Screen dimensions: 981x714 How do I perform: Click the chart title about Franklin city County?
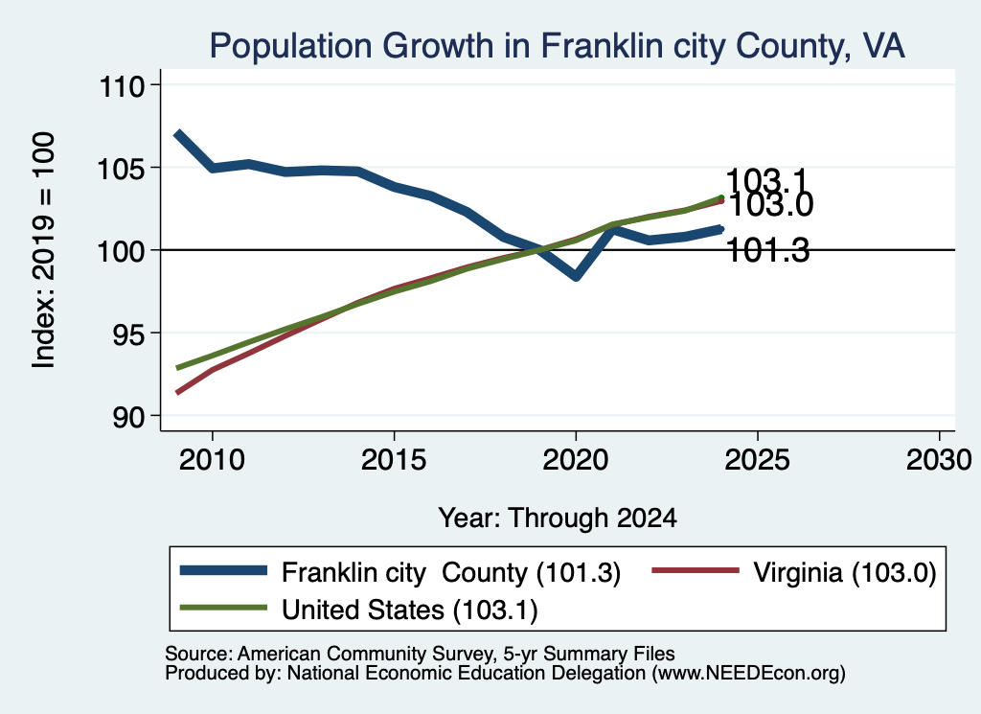[x=557, y=46]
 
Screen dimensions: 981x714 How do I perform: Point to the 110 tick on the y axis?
[x=122, y=86]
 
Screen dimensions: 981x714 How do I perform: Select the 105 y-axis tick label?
[x=122, y=169]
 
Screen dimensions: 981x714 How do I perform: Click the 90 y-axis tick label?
[x=128, y=417]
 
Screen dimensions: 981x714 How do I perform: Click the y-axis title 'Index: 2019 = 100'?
[x=44, y=250]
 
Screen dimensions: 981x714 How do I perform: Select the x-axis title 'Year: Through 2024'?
[x=558, y=518]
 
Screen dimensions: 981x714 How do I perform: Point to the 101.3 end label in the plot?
[x=768, y=250]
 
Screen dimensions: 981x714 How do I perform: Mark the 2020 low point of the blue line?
[x=576, y=276]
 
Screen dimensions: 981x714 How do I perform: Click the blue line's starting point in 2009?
[x=177, y=133]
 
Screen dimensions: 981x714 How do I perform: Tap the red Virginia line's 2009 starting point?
[x=177, y=393]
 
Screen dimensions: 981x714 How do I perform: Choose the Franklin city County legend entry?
[x=400, y=572]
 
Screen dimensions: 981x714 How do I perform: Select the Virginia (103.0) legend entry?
[x=794, y=572]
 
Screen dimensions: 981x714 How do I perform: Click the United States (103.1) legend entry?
[x=359, y=610]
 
